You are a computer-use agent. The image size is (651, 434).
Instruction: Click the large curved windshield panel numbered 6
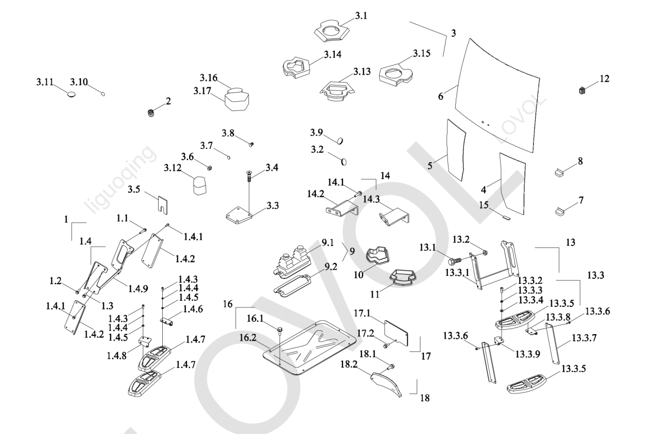496,93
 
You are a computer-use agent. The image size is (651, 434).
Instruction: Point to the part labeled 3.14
295,66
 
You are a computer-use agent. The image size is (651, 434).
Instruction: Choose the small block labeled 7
561,211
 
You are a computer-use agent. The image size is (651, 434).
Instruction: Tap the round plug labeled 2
151,113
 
